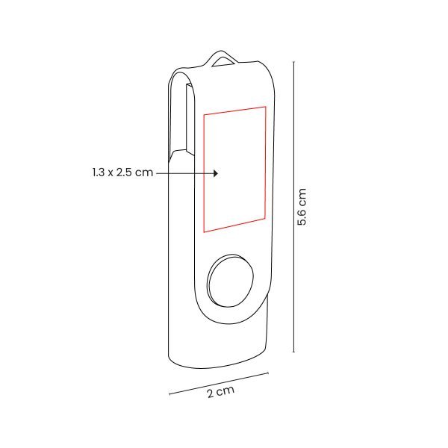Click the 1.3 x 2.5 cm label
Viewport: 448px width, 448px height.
pyautogui.click(x=119, y=172)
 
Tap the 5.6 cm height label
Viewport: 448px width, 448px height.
pyautogui.click(x=302, y=207)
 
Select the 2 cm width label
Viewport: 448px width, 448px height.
pyautogui.click(x=221, y=392)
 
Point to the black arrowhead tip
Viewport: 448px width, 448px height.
pyautogui.click(x=217, y=172)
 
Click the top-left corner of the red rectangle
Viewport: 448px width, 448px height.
pyautogui.click(x=203, y=112)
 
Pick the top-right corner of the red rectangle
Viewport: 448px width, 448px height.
pyautogui.click(x=265, y=106)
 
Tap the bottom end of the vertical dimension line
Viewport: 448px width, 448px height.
pyautogui.click(x=293, y=351)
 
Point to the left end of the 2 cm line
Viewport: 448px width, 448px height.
pyautogui.click(x=169, y=392)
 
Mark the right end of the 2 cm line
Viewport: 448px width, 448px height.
pyautogui.click(x=267, y=372)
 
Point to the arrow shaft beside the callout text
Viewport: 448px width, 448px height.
pyautogui.click(x=183, y=172)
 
